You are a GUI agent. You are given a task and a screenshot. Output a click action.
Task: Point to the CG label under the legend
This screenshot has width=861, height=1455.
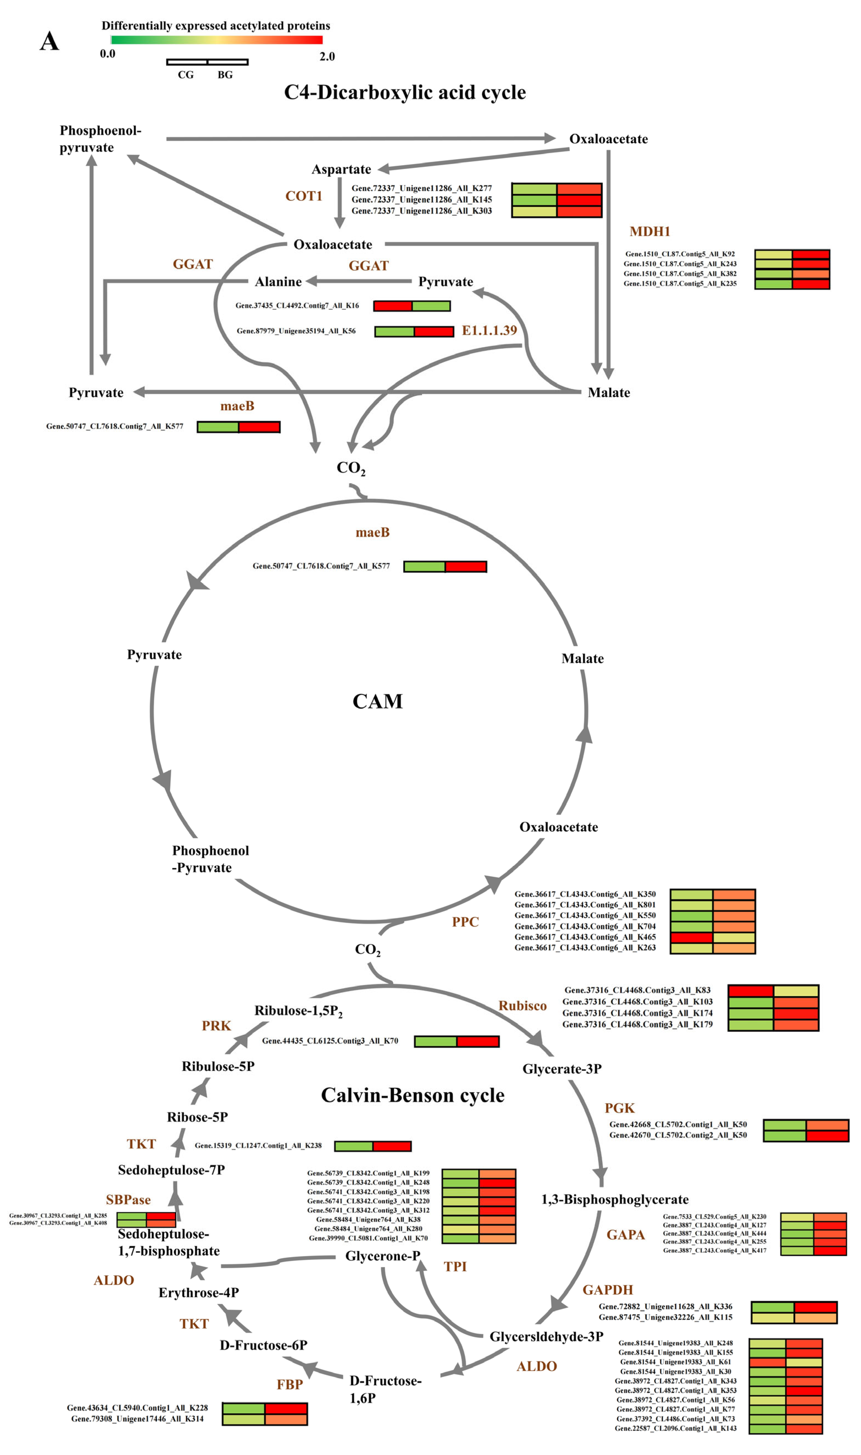[186, 75]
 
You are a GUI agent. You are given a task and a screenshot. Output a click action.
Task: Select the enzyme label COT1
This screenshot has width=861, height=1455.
[303, 196]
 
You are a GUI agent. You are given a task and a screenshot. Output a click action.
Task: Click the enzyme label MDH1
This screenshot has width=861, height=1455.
[650, 232]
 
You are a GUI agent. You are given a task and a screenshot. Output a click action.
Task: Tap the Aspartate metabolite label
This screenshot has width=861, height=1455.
[341, 169]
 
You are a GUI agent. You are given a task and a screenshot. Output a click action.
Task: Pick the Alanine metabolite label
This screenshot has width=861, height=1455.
[279, 282]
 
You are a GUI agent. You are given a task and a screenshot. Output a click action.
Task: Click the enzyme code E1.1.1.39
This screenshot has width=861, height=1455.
[489, 331]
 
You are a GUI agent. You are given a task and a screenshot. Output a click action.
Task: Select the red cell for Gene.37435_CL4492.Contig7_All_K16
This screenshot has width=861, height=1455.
[393, 306]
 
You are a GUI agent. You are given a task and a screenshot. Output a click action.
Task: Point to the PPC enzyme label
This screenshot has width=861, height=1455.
[465, 922]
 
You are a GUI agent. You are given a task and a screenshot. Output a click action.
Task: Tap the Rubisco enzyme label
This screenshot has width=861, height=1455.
[522, 1006]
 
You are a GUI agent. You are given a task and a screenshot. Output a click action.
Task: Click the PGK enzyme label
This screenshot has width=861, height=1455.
[620, 1108]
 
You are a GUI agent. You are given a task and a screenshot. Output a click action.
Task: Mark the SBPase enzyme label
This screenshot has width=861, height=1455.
[128, 1200]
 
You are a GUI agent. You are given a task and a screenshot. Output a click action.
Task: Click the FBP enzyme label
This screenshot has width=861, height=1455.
[290, 1385]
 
